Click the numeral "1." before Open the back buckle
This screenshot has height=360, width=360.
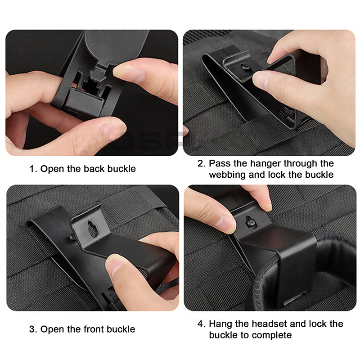point(33,169)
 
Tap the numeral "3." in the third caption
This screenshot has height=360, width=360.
point(33,329)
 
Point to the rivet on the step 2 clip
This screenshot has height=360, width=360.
point(245,67)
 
